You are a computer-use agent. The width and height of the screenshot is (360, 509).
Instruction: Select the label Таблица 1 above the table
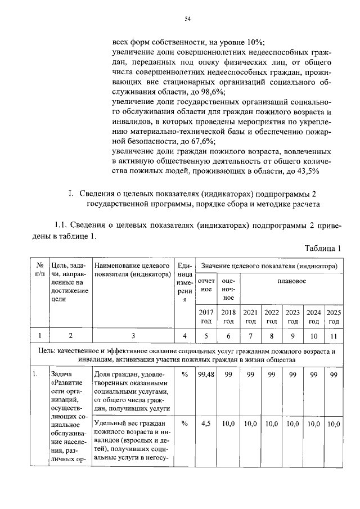(x=323, y=248)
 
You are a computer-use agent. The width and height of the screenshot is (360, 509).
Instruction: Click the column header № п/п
(x=40, y=269)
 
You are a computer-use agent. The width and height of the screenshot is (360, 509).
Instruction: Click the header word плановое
(x=291, y=280)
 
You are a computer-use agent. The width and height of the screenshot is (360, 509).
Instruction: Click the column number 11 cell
(x=334, y=336)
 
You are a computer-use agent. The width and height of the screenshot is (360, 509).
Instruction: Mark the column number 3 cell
(x=133, y=336)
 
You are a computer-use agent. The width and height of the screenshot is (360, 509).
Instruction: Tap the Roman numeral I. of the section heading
(x=71, y=195)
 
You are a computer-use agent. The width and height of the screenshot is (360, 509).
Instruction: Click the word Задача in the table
(x=61, y=374)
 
